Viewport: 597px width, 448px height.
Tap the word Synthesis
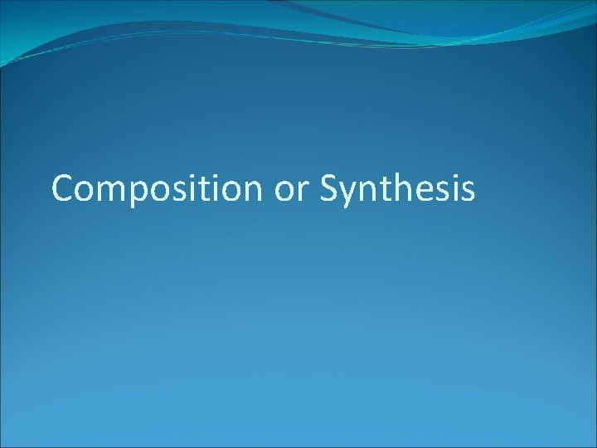pyautogui.click(x=397, y=189)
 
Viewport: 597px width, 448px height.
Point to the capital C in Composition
pyautogui.click(x=62, y=189)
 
